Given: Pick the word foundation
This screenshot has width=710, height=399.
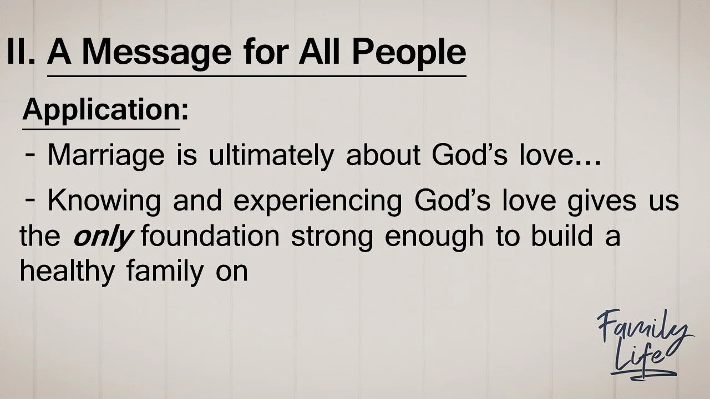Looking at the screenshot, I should click(x=210, y=236).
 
